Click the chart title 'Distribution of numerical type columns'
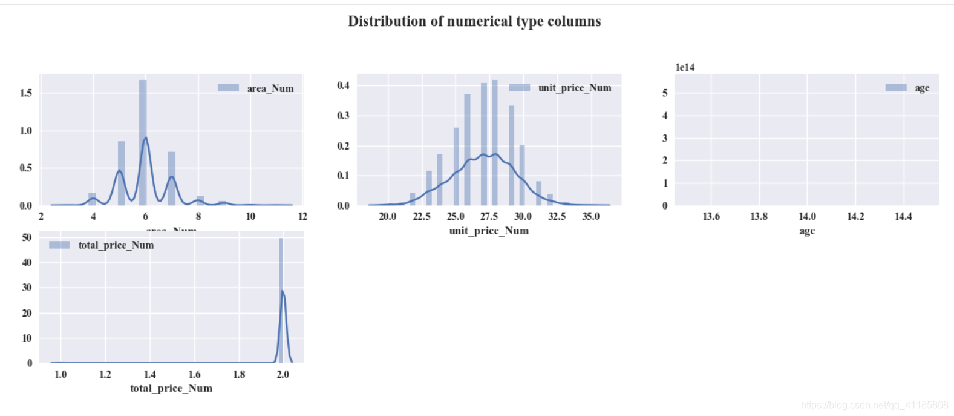click(474, 22)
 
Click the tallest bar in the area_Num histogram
click(143, 142)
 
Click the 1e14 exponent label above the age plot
click(685, 67)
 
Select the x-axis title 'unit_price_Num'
click(489, 231)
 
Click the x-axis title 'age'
click(807, 231)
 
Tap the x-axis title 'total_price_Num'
click(171, 388)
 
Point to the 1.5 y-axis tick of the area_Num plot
click(26, 93)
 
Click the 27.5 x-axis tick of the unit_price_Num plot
click(489, 216)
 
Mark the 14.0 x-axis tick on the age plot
click(807, 216)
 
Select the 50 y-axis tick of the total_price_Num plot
click(27, 237)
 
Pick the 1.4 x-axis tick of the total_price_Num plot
click(149, 374)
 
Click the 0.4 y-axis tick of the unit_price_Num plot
click(344, 85)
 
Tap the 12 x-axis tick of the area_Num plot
click(302, 216)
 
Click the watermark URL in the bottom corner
click(874, 405)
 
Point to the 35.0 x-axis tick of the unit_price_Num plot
click(591, 216)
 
